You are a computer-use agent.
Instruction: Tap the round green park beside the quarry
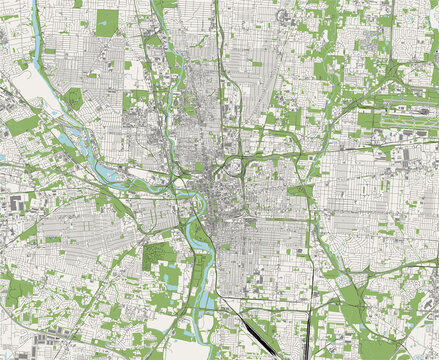(x=73, y=98)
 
